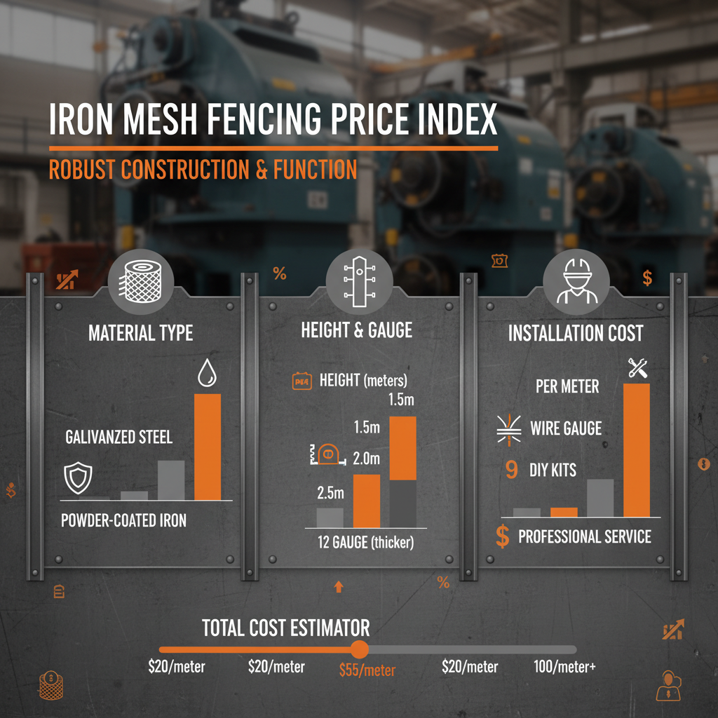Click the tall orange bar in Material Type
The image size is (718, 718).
click(207, 447)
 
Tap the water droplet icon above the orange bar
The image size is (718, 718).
click(207, 373)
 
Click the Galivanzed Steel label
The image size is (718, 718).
click(118, 438)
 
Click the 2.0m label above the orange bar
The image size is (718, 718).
click(365, 460)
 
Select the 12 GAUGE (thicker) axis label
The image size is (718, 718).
click(365, 542)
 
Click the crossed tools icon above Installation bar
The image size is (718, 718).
click(638, 367)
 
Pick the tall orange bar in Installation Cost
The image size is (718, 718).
click(637, 449)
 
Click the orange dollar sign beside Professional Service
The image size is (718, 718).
click(502, 537)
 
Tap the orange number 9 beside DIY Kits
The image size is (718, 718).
click(511, 470)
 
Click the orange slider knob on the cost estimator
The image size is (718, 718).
click(359, 649)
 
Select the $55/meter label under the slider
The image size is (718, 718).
click(367, 670)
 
